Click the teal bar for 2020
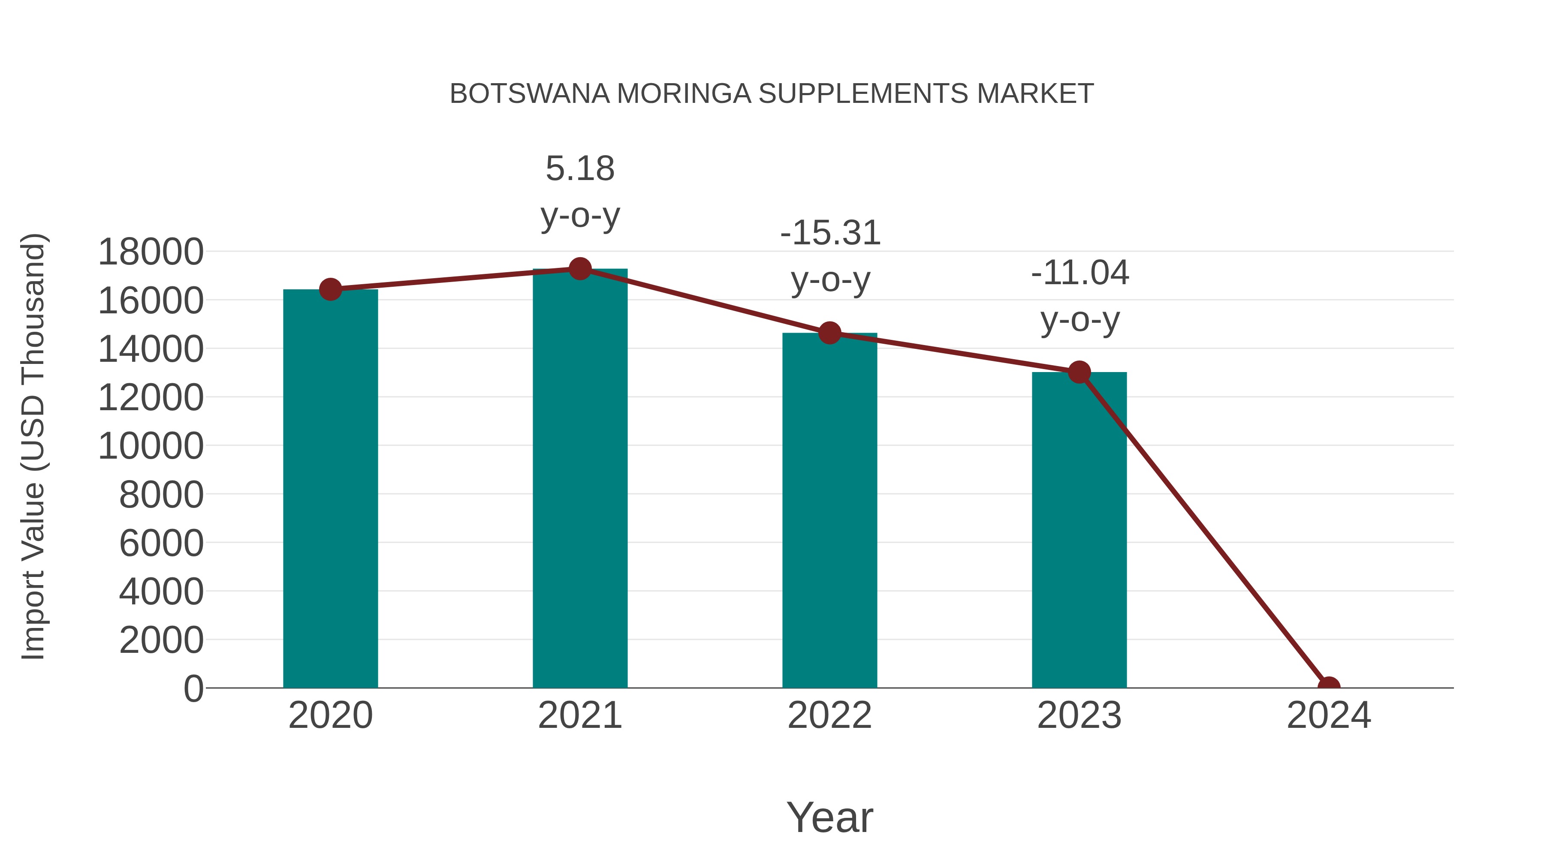pyautogui.click(x=330, y=488)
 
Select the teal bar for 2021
pyautogui.click(x=579, y=479)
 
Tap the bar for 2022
pyautogui.click(x=829, y=511)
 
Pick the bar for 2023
pyautogui.click(x=1079, y=530)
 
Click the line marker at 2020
pyautogui.click(x=330, y=289)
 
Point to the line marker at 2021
pyautogui.click(x=579, y=269)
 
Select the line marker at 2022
pyautogui.click(x=829, y=333)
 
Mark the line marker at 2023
pyautogui.click(x=1079, y=372)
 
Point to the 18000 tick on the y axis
pyautogui.click(x=151, y=252)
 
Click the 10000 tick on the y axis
pyautogui.click(x=151, y=446)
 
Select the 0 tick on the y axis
pyautogui.click(x=193, y=688)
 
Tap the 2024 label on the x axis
pyautogui.click(x=1328, y=715)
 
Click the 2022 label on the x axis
pyautogui.click(x=829, y=715)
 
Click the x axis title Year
pyautogui.click(x=829, y=817)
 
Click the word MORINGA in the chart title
pyautogui.click(x=684, y=94)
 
